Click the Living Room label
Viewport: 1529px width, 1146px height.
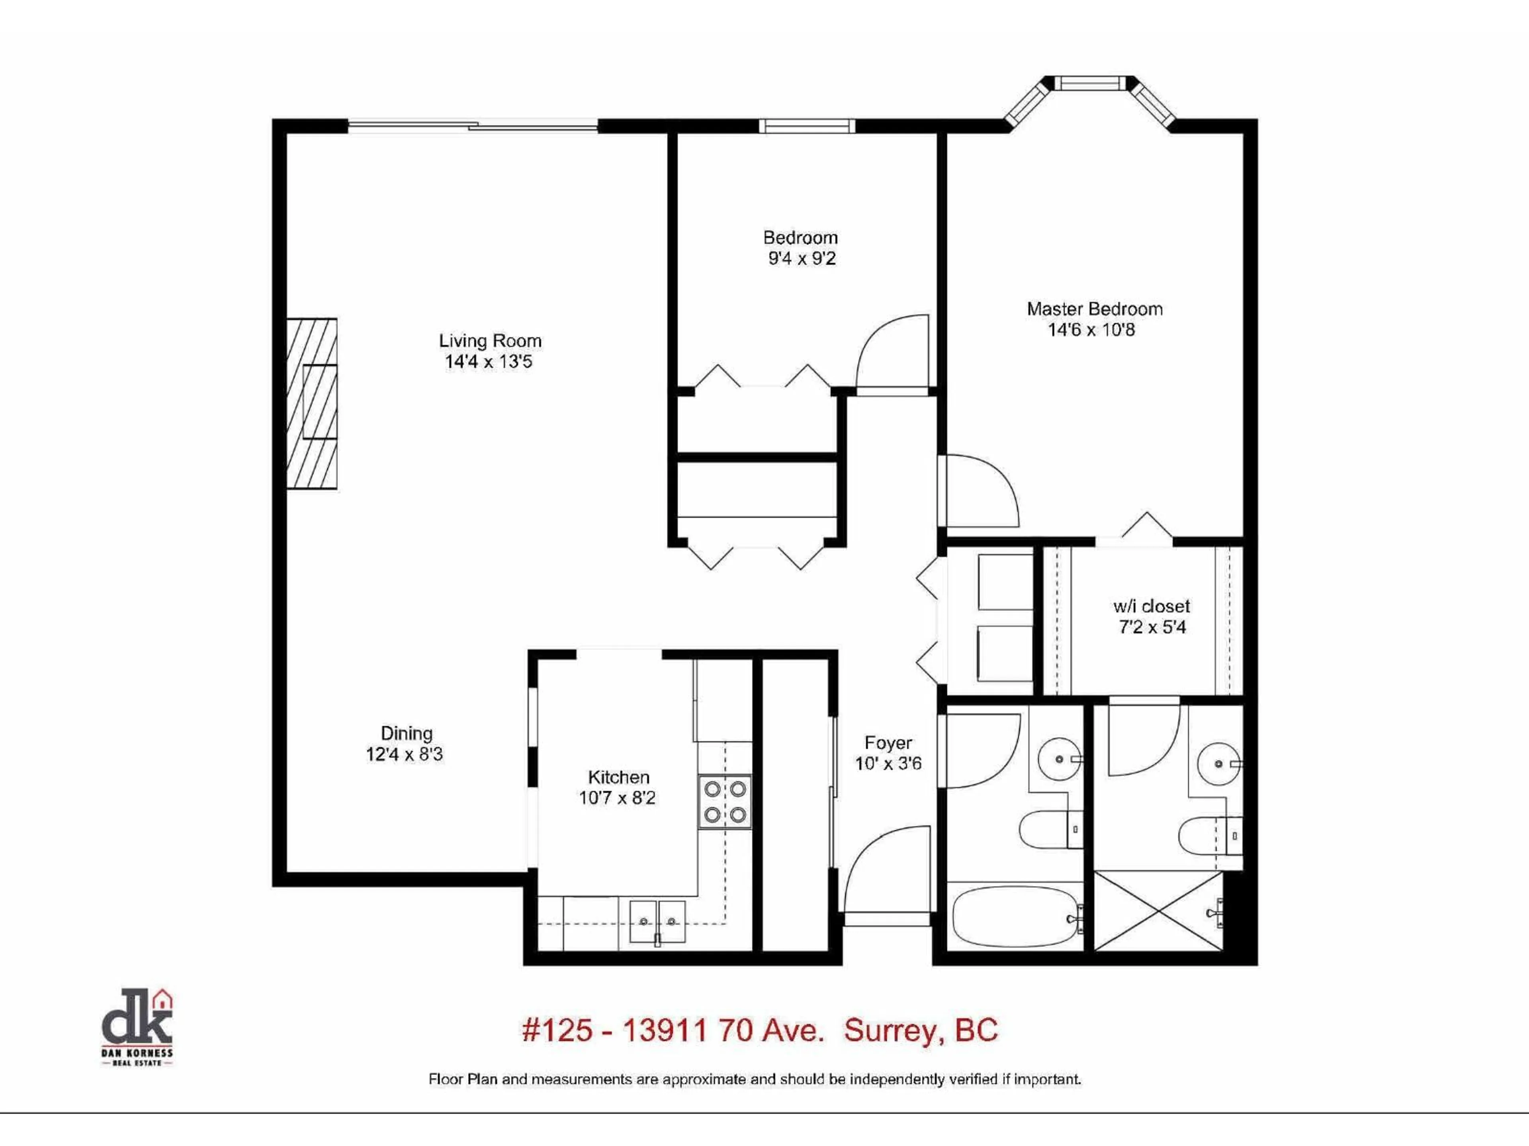[x=490, y=341]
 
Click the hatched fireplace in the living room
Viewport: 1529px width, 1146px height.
[x=313, y=404]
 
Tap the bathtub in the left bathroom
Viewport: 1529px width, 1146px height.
[x=1014, y=917]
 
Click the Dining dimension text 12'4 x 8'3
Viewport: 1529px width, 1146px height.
[x=405, y=754]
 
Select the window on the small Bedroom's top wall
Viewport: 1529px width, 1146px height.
[x=807, y=126]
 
